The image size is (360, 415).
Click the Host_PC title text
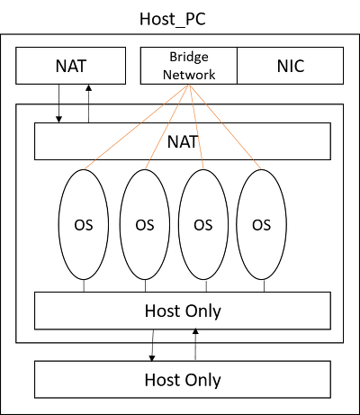tap(173, 20)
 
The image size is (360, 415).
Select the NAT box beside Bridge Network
tap(70, 66)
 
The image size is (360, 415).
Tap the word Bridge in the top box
tap(189, 57)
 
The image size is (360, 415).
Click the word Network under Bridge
tap(189, 75)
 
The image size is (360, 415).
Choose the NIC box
tap(290, 66)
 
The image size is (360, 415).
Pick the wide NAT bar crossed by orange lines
tap(183, 141)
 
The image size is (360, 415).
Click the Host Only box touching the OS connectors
tap(183, 311)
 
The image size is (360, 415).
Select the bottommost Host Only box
tap(183, 380)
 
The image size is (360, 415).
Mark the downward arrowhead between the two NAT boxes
tap(59, 119)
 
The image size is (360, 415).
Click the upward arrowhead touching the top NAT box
tap(88, 87)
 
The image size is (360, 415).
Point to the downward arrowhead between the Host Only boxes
tap(152, 358)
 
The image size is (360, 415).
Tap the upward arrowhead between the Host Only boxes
tap(195, 331)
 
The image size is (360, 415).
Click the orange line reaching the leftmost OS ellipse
tap(137, 127)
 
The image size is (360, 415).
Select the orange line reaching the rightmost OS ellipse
tap(225, 127)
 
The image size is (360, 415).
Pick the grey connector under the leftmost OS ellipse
tap(84, 285)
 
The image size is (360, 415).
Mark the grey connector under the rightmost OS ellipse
tap(264, 285)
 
